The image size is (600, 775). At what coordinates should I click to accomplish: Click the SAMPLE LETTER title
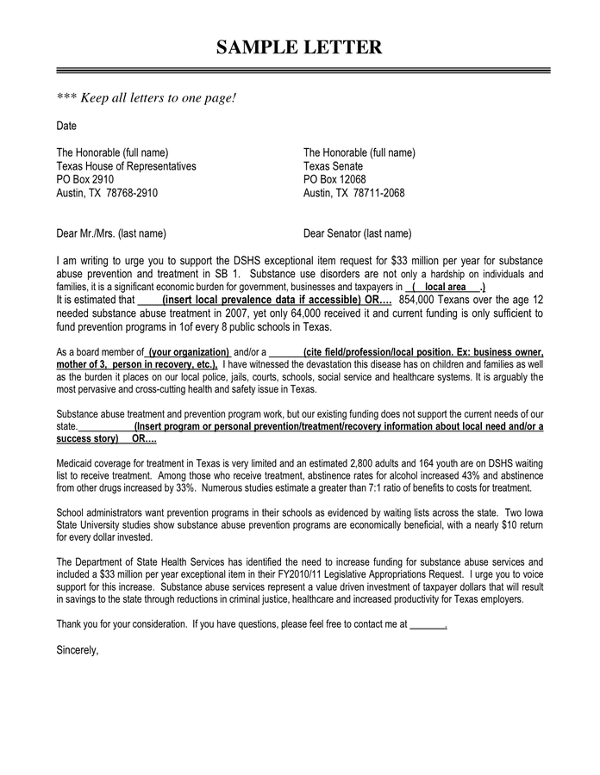tap(298, 46)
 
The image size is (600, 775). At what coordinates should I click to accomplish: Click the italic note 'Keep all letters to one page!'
tap(146, 97)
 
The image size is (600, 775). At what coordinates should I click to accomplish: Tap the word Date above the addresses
tap(66, 126)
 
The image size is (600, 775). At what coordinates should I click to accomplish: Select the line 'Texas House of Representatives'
tap(126, 166)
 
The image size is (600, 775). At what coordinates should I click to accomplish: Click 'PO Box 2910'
tap(84, 179)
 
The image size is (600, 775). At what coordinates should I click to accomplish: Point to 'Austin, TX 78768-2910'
tap(107, 193)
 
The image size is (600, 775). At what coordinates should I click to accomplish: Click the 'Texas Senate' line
tap(333, 166)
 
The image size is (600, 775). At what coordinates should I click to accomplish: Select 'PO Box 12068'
tap(334, 179)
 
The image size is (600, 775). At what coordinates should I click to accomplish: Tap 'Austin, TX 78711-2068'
tap(353, 193)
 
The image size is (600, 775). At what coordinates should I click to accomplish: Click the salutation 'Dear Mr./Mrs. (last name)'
tap(111, 233)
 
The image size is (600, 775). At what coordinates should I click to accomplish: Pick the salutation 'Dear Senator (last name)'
tap(357, 233)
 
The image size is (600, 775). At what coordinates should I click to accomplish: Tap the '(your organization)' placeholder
tap(189, 352)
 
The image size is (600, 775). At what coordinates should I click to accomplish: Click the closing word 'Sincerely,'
tap(78, 650)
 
